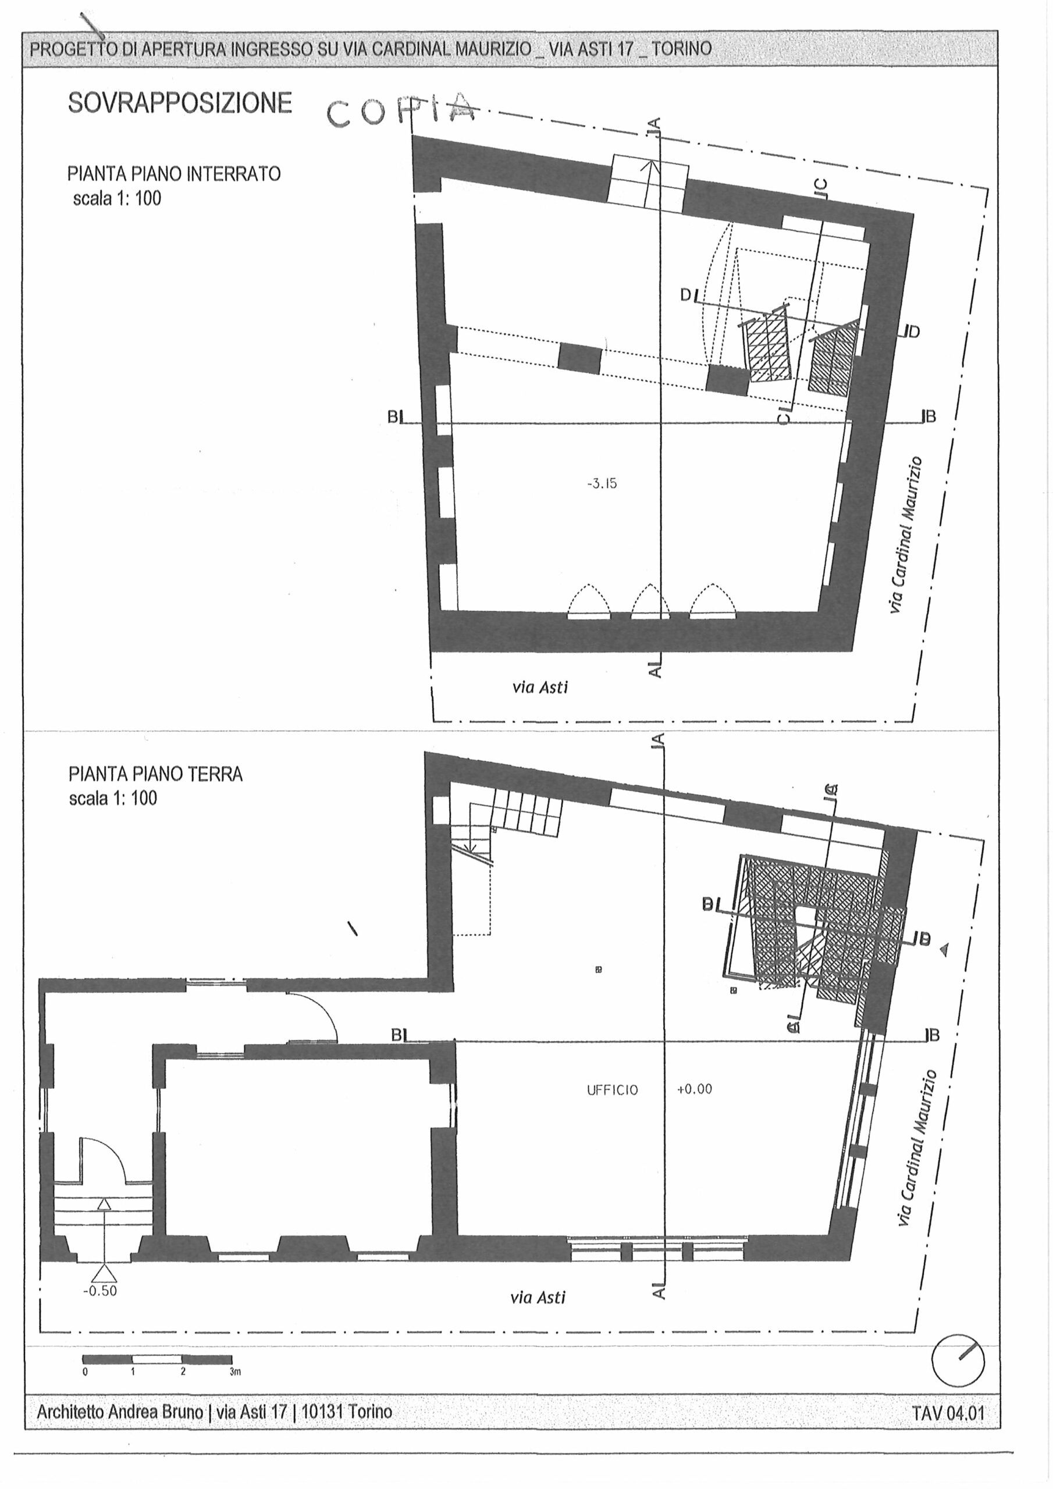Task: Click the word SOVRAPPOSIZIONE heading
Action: [180, 103]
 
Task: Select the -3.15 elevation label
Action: [602, 483]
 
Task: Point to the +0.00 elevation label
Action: [694, 1089]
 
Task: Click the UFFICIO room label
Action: [613, 1090]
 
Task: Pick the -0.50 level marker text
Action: [100, 1291]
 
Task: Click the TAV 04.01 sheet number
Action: [948, 1413]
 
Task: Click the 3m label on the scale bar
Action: [235, 1372]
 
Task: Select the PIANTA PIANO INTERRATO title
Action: [174, 174]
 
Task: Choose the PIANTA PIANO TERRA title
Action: [156, 774]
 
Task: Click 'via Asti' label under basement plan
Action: [540, 687]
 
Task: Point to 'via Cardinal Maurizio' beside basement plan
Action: [906, 535]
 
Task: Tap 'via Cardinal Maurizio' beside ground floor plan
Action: [917, 1148]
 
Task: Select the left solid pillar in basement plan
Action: [580, 359]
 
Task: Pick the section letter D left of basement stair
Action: [686, 295]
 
